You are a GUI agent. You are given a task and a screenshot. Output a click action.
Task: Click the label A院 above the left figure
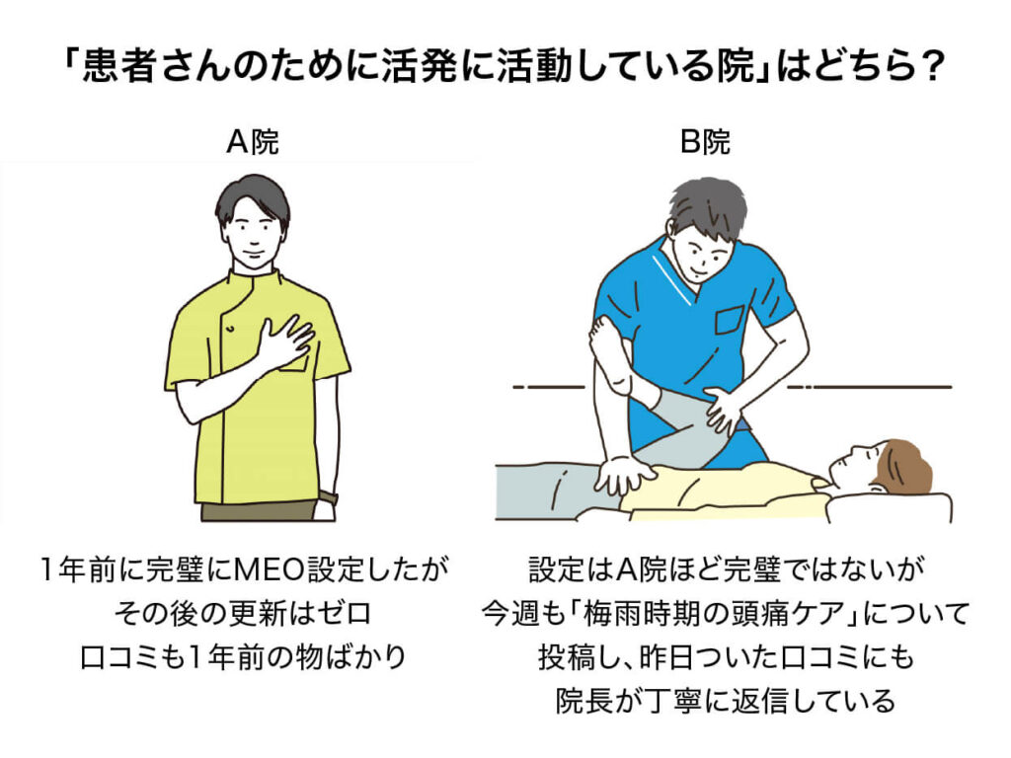253,143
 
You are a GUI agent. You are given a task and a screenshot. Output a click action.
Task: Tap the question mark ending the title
923,70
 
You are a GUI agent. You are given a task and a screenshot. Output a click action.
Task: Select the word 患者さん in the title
145,70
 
